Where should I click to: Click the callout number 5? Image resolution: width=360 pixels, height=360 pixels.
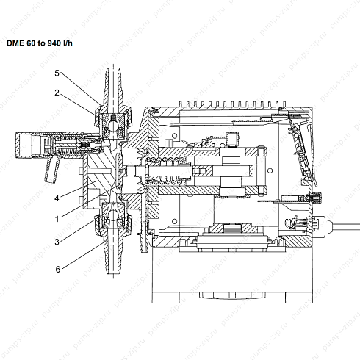coord(57,73)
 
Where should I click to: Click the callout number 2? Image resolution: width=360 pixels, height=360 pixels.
coord(57,93)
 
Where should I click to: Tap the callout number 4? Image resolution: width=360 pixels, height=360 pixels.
coord(57,198)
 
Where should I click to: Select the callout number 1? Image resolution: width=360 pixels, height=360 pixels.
coord(57,219)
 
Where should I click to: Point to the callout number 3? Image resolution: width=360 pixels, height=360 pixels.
coord(57,242)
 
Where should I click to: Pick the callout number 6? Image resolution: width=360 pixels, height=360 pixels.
coord(58,270)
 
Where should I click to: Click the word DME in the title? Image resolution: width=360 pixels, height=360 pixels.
coord(15,43)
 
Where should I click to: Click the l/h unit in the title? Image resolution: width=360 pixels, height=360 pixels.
coord(68,43)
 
